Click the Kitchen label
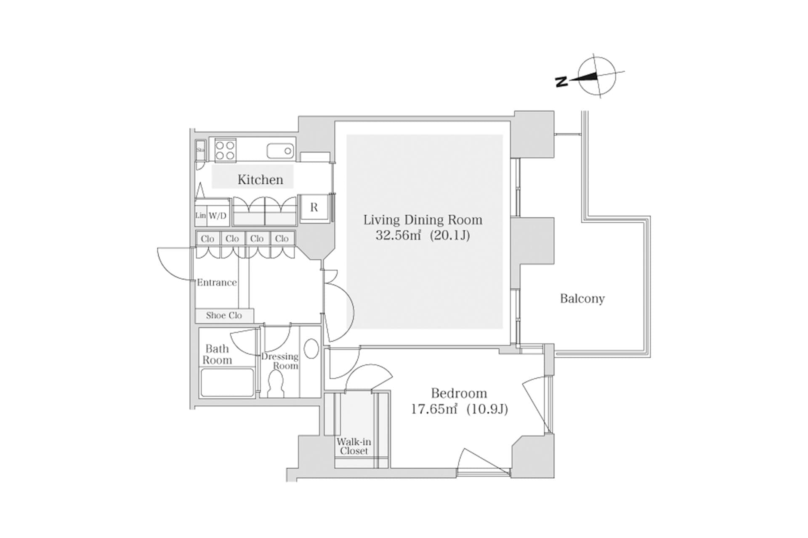[260, 180]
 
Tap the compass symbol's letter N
[561, 82]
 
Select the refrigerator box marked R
[314, 207]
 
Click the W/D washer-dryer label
[218, 216]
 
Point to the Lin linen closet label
[201, 216]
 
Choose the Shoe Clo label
[224, 315]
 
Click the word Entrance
[217, 282]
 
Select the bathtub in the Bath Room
[227, 382]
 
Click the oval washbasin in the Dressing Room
[311, 349]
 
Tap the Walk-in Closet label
[354, 446]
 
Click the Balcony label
[582, 298]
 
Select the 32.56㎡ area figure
[398, 235]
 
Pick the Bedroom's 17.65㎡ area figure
[434, 409]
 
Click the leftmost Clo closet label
[207, 239]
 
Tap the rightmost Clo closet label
[282, 239]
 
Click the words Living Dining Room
[423, 220]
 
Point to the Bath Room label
[217, 354]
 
